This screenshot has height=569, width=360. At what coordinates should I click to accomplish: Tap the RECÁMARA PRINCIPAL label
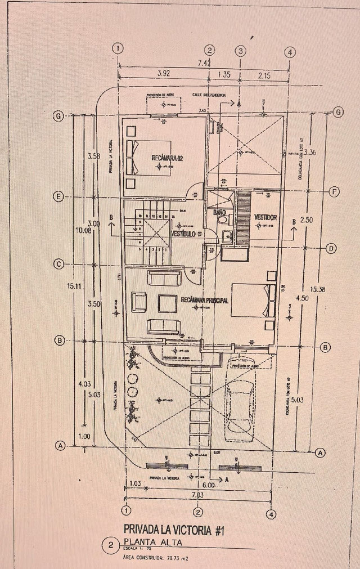(x=205, y=301)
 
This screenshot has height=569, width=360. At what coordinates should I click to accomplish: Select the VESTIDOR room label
(x=264, y=217)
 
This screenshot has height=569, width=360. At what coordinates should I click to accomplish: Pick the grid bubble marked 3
(x=241, y=51)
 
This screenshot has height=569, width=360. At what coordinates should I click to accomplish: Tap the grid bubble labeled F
(x=334, y=192)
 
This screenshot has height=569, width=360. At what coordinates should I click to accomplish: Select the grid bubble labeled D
(x=332, y=248)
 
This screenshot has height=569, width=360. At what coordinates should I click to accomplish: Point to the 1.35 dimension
(x=223, y=73)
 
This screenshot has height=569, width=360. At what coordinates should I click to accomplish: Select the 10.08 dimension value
(x=82, y=230)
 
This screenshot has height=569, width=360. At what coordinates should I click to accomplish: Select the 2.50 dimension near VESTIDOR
(x=307, y=219)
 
